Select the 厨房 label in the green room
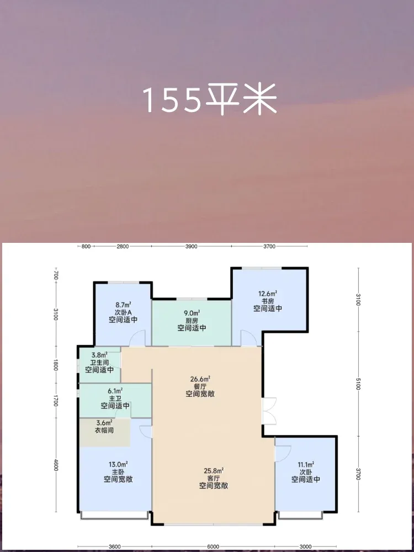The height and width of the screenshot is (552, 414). pos(192,320)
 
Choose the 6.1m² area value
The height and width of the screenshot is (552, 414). pos(115,390)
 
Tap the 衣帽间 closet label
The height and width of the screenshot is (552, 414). pos(105,430)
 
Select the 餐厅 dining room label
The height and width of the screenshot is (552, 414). pos(200,386)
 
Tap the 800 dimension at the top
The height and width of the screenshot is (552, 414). pos(86,246)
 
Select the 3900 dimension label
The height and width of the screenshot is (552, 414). pos(191,246)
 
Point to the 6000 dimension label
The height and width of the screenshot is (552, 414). pos(213,546)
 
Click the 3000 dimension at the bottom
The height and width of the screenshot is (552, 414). pos(305,546)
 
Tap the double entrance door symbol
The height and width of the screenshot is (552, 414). pos(269,411)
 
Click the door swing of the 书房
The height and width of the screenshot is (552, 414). pos(248,338)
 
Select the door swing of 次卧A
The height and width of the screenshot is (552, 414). pos(137,338)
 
